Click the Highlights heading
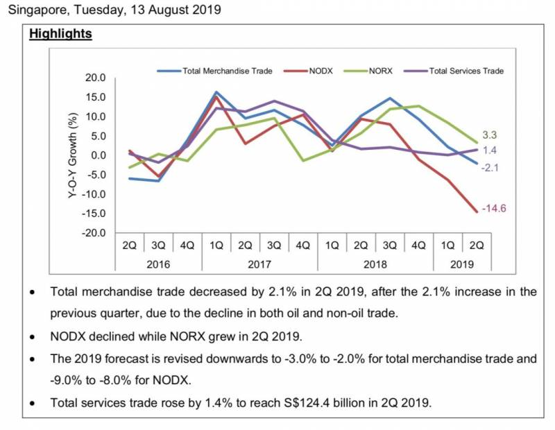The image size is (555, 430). (x=60, y=33)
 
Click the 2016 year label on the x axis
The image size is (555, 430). (x=159, y=264)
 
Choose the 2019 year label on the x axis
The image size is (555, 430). (x=462, y=264)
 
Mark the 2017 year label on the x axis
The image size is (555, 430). (x=259, y=264)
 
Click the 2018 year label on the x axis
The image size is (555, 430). (x=375, y=264)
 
